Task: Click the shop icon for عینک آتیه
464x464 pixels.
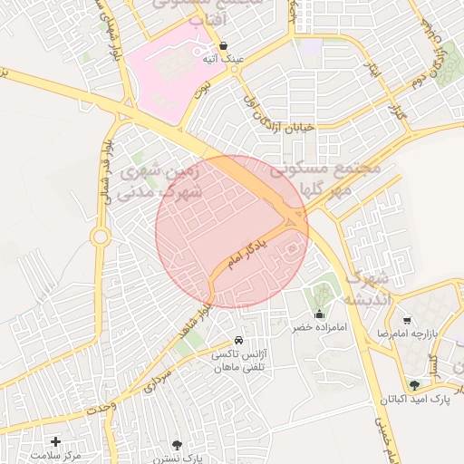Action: click(x=224, y=44)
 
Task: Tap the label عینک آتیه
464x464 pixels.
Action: click(x=224, y=59)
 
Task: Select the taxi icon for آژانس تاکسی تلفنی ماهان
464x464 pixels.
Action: click(x=238, y=341)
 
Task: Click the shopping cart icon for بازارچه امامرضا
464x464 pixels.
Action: click(x=407, y=321)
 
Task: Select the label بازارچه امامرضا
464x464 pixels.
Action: click(x=434, y=334)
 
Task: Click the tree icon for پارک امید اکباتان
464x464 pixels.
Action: click(x=415, y=385)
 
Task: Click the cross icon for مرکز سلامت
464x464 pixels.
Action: click(x=56, y=441)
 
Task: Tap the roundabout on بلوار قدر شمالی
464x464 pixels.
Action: click(x=100, y=237)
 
